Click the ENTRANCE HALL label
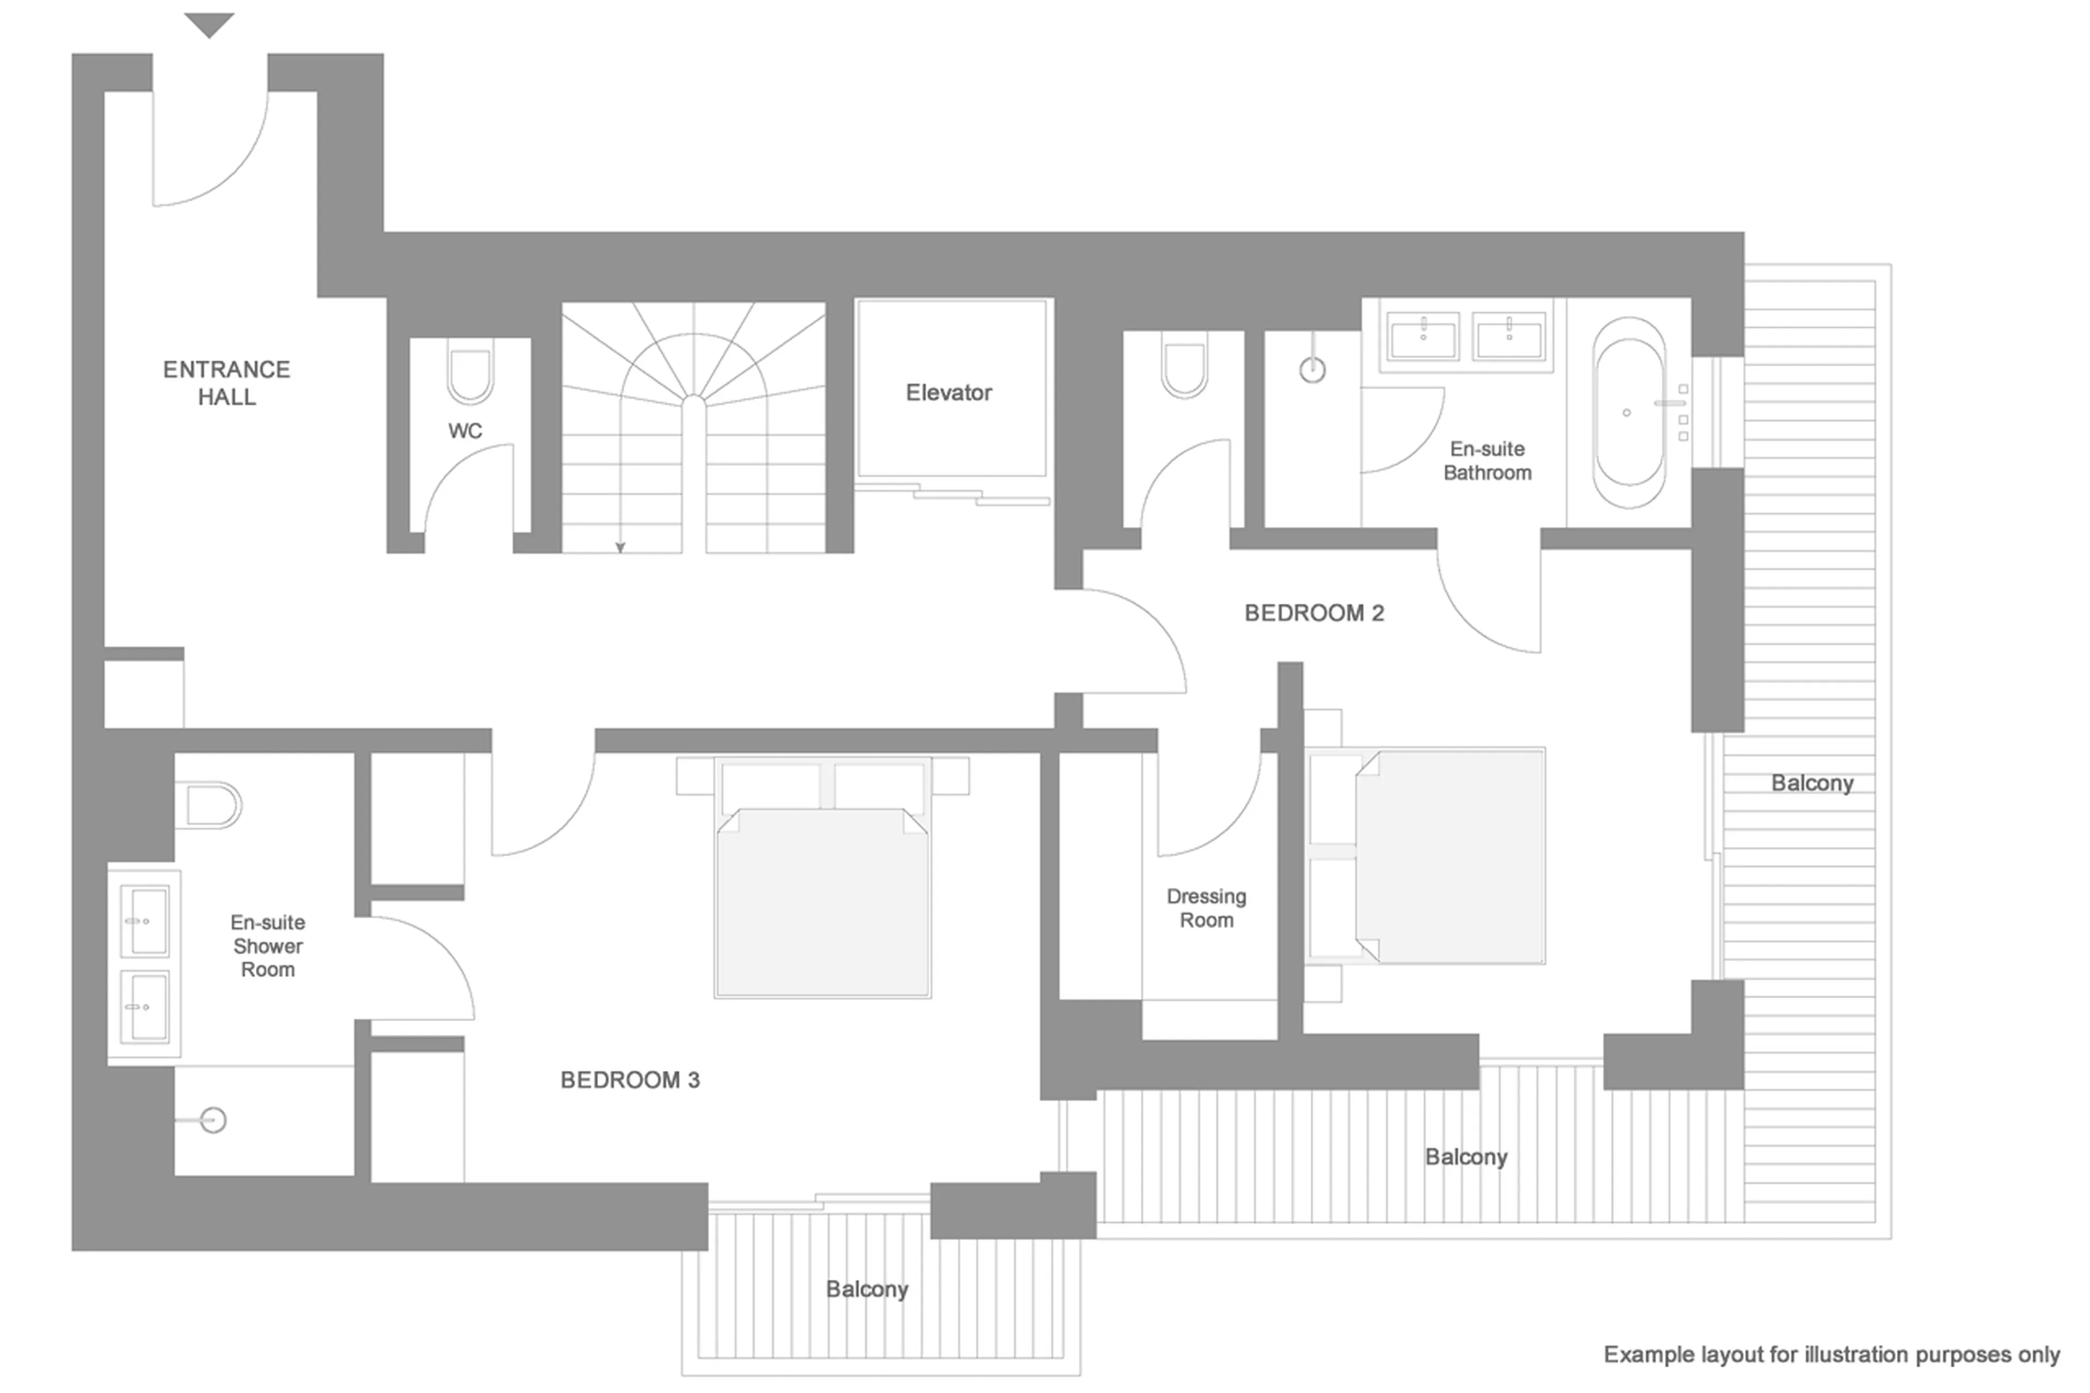pyautogui.click(x=226, y=383)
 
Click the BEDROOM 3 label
pyautogui.click(x=630, y=1081)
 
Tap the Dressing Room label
pyautogui.click(x=1206, y=908)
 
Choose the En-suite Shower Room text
pyautogui.click(x=267, y=946)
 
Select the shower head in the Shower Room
pyautogui.click(x=213, y=1120)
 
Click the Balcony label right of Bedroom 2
pyautogui.click(x=1811, y=783)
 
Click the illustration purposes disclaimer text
pyautogui.click(x=1830, y=1355)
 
